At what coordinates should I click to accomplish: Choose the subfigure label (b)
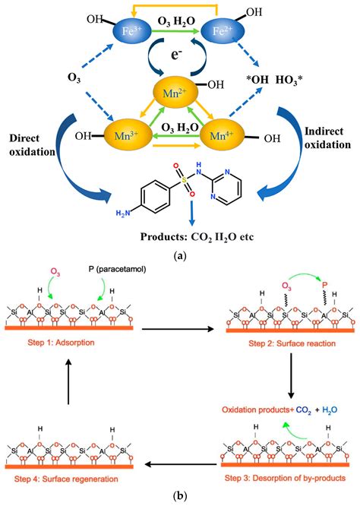179,497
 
